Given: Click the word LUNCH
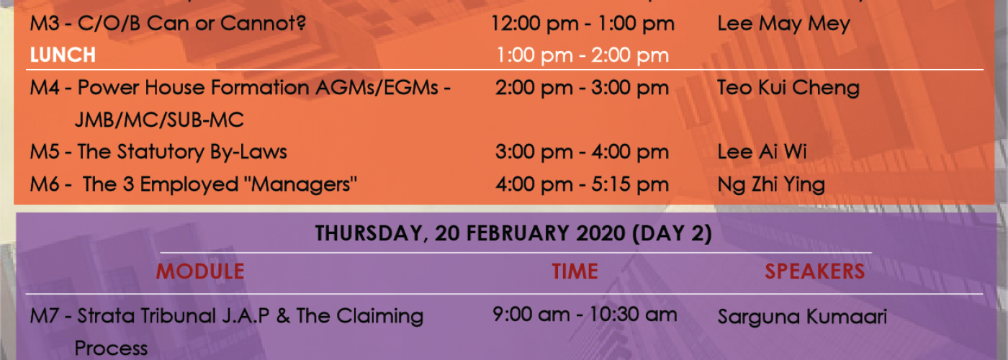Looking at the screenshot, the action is [63, 55].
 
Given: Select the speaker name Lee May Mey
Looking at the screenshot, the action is [783, 24].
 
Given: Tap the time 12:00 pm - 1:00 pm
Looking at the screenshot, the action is [582, 24].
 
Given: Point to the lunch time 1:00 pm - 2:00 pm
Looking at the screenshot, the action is [582, 55].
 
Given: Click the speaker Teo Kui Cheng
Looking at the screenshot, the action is [788, 88].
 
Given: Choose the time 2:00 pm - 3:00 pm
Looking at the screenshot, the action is [582, 88].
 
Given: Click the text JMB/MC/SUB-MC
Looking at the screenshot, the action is [159, 120].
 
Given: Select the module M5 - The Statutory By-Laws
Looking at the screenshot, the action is [158, 152].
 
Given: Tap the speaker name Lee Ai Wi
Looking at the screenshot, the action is [762, 152].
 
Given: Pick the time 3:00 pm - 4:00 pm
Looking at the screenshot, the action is [582, 152].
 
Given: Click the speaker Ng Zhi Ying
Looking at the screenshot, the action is [771, 184].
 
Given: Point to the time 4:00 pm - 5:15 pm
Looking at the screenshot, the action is [582, 184].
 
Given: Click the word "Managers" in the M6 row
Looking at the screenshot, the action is [300, 184].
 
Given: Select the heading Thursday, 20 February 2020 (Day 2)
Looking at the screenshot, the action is [513, 233].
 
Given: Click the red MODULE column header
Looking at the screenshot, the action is [200, 271].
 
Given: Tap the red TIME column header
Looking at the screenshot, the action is [575, 271].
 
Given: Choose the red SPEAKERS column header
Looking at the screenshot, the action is [815, 271].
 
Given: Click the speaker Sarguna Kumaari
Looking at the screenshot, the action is [802, 316].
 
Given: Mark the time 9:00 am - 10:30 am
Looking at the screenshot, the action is [585, 315].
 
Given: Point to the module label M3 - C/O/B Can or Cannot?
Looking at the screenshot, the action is [168, 23].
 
